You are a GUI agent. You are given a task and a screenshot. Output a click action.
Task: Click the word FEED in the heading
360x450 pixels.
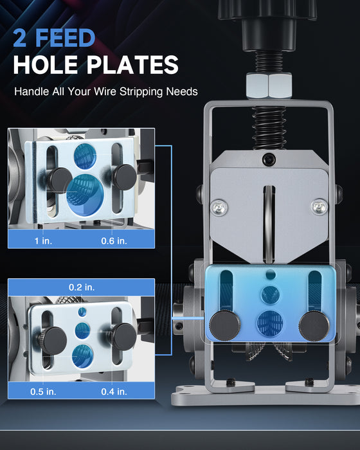pos(65,37)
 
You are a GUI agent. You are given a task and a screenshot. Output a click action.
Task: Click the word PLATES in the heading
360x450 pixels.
pos(132,65)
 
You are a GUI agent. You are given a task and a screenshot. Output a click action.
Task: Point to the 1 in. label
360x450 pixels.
pos(43,241)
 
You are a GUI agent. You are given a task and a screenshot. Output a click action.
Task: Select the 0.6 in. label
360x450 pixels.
pos(114,241)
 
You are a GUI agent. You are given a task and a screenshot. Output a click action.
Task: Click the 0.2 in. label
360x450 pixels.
pos(82,287)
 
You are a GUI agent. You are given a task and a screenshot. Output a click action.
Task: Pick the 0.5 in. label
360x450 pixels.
pos(43,392)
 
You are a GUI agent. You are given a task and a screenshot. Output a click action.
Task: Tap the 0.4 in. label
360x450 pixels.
pos(114,392)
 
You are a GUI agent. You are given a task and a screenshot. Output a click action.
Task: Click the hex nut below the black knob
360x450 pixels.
pos(269,85)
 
